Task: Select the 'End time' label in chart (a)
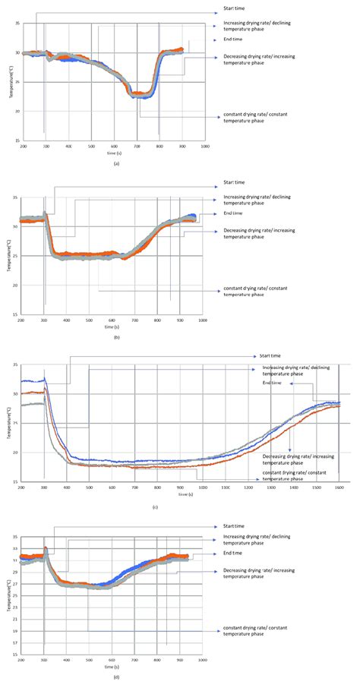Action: (234, 39)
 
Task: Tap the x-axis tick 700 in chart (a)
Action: (137, 146)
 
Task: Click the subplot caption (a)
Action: (115, 163)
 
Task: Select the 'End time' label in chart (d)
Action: (232, 554)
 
